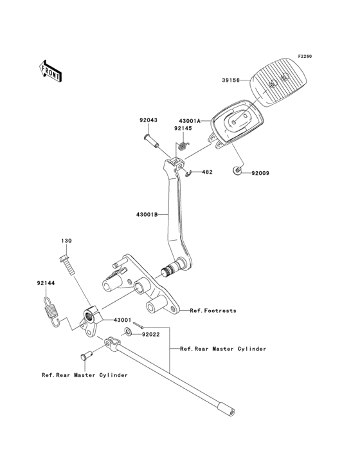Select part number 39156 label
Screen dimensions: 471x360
point(231,80)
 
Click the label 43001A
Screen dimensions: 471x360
point(190,120)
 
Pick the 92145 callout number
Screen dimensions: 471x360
point(183,128)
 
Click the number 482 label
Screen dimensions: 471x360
point(207,172)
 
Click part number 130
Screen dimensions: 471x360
point(66,241)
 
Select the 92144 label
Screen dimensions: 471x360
point(46,282)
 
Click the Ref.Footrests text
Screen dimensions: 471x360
point(213,310)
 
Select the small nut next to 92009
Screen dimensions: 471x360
point(237,171)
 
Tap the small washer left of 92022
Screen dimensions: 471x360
point(128,331)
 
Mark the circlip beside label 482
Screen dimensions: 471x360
point(189,172)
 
